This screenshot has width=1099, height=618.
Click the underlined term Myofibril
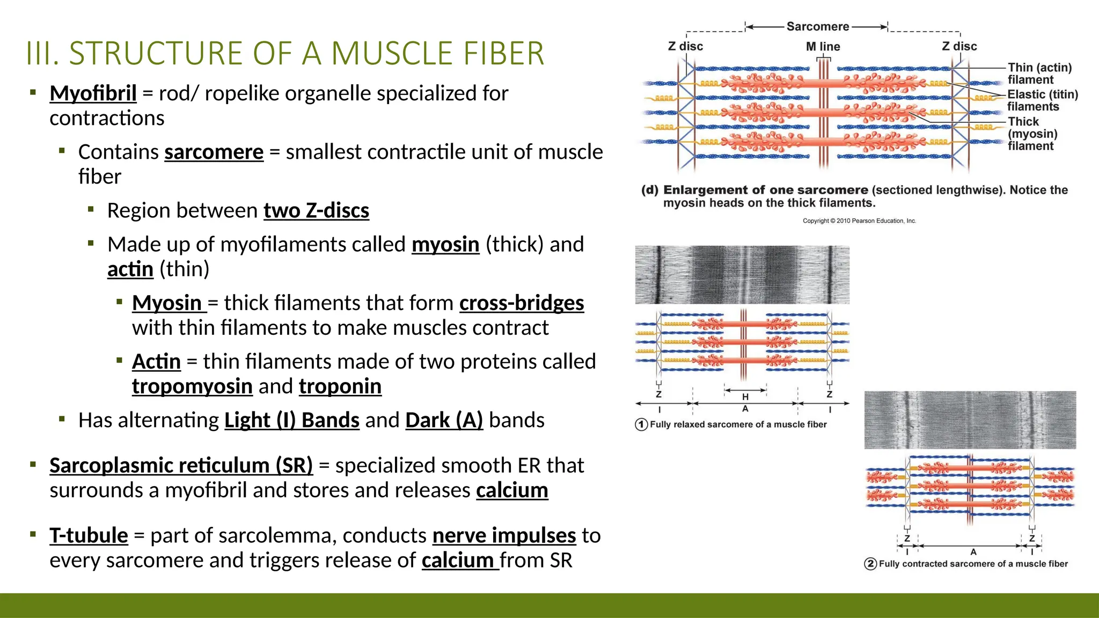coord(93,93)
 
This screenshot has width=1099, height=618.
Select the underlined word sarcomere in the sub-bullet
coord(214,152)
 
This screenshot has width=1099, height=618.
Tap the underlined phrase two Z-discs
coord(316,211)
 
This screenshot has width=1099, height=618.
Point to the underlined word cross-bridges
coord(521,303)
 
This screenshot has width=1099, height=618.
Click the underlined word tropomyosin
coord(192,386)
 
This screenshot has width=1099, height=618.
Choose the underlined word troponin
coord(340,386)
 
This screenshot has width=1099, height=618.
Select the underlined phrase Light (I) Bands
coord(291,420)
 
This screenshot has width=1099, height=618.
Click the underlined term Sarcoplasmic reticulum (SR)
coord(181,466)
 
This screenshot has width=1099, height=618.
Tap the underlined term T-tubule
coord(89,535)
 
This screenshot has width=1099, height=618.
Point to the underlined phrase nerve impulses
coord(504,535)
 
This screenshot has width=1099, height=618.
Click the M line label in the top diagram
coord(823,47)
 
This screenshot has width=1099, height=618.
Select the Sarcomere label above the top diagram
coord(817,26)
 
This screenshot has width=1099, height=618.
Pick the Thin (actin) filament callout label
coord(1039,73)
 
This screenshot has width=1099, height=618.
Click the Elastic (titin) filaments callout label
coord(1042,100)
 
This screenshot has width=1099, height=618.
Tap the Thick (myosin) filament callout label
coord(1032,134)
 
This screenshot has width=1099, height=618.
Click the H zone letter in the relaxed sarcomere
coord(745,397)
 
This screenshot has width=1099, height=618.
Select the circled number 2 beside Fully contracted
coord(870,564)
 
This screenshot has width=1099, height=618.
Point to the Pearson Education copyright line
coord(859,220)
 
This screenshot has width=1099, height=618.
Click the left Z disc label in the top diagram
coord(685,47)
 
